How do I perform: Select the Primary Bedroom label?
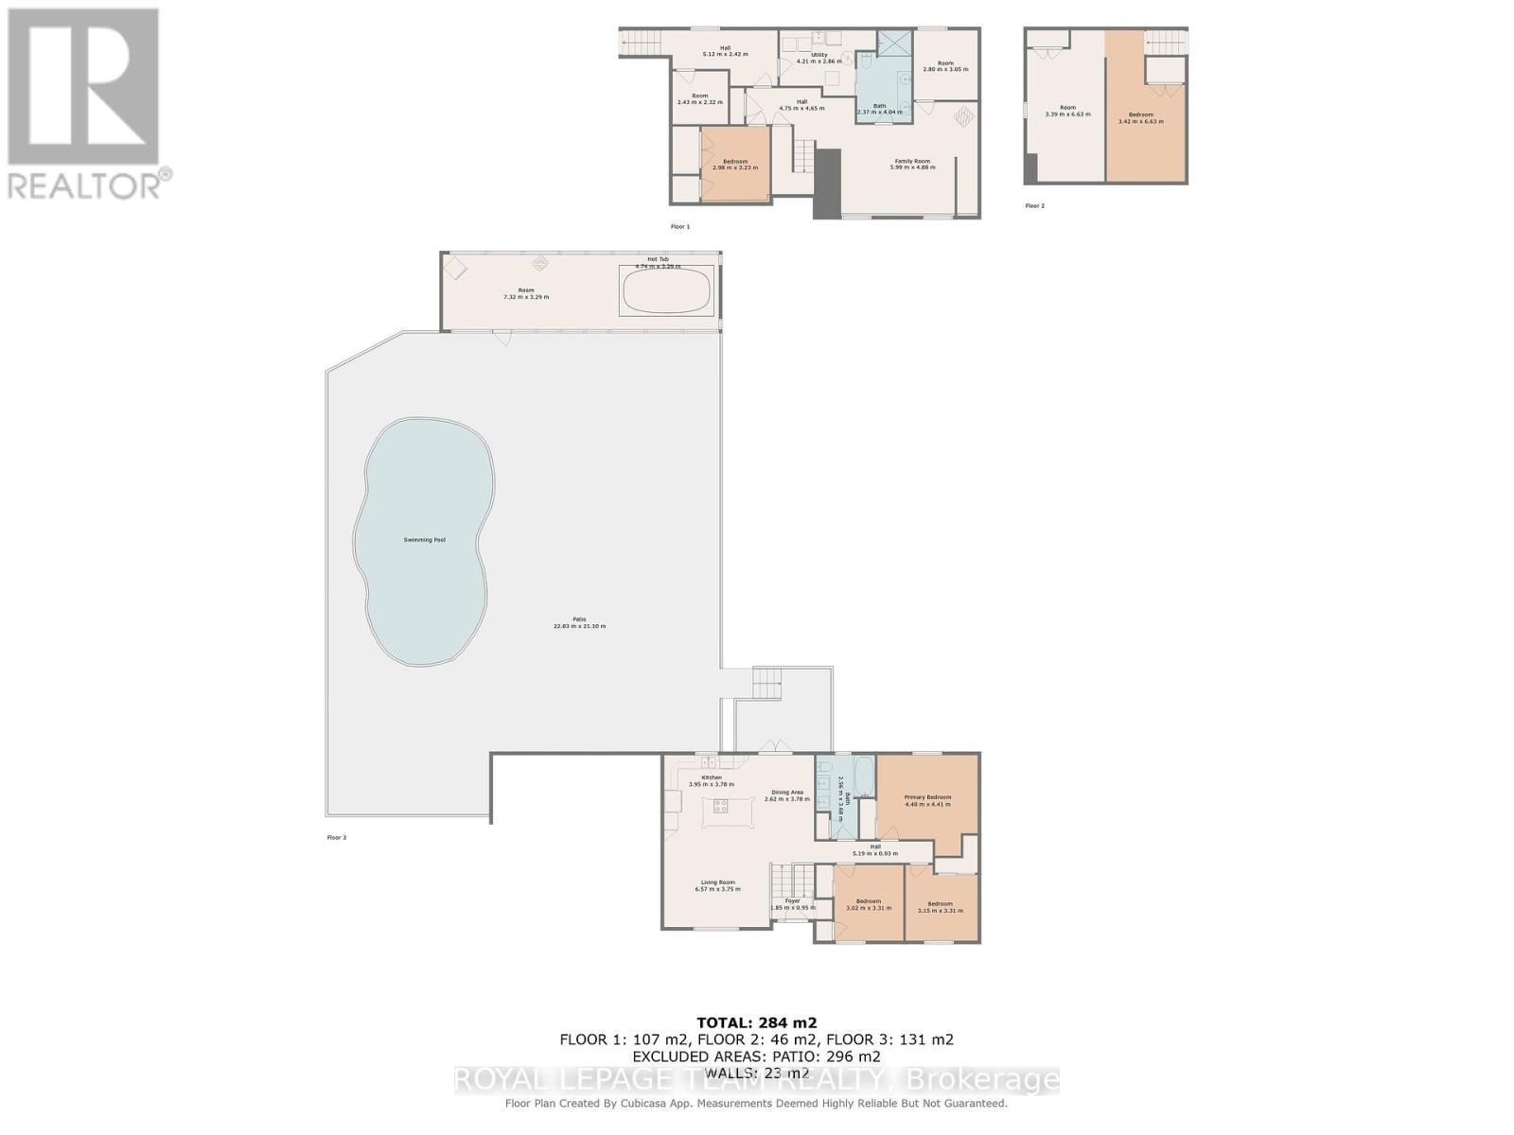click(927, 797)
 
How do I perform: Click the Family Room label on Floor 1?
click(912, 162)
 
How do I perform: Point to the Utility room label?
click(819, 55)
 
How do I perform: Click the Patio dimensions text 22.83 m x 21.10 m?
click(579, 626)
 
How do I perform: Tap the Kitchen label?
click(712, 777)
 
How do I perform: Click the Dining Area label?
click(787, 793)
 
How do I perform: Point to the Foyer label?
click(792, 900)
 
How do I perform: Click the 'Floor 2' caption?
click(1034, 205)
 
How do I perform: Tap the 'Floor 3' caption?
click(336, 837)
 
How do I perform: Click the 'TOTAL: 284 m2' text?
click(756, 1021)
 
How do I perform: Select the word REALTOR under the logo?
click(85, 184)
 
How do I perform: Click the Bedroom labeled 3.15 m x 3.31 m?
click(940, 907)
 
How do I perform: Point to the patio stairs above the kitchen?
click(768, 681)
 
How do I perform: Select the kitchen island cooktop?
click(721, 806)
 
